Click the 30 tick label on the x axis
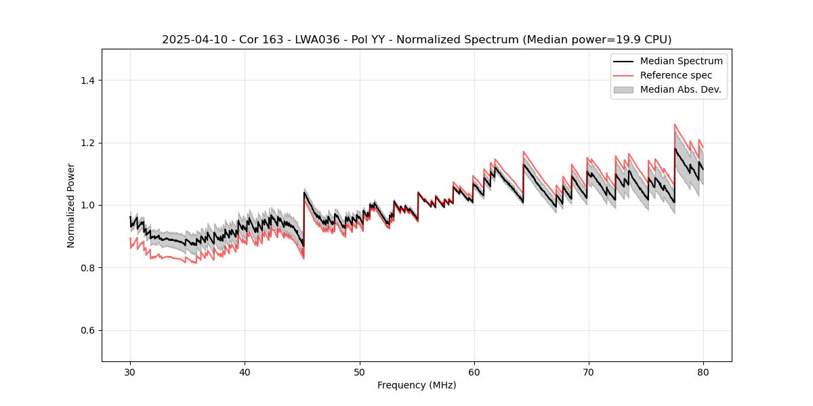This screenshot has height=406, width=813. point(131,372)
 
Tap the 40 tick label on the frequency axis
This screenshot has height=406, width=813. point(245,372)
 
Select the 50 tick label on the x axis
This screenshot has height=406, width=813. point(360,372)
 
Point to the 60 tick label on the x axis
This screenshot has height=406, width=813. point(474,372)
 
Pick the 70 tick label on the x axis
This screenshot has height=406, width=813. point(589,372)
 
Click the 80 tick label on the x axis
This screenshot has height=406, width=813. point(703,372)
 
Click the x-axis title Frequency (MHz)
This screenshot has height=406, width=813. point(417,385)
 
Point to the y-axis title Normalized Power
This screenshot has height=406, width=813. point(71,205)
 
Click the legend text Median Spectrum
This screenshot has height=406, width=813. point(681,61)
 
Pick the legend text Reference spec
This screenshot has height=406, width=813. point(676,75)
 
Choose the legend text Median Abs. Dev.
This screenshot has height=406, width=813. point(680,89)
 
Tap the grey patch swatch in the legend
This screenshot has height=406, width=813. point(623,89)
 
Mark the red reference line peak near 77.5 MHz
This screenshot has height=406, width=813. point(675,125)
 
